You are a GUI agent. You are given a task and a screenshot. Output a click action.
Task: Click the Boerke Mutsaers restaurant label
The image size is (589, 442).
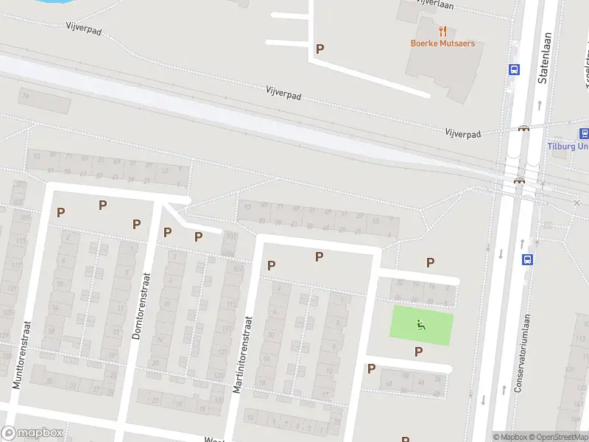[x=442, y=43]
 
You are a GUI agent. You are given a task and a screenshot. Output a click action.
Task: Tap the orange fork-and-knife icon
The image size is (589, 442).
[x=442, y=31]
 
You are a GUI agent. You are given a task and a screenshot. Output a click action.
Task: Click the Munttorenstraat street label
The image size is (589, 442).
[x=21, y=354]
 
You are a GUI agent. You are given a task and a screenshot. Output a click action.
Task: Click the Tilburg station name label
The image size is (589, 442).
[x=568, y=146]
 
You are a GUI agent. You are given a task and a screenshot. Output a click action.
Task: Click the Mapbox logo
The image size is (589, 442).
[x=32, y=433]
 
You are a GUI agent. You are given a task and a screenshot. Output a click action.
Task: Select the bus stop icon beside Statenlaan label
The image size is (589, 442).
[x=514, y=69]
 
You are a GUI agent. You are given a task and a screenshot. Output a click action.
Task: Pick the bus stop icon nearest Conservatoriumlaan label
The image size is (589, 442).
[x=527, y=259]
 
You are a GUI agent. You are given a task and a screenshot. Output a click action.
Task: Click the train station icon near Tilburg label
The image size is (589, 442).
[x=585, y=133]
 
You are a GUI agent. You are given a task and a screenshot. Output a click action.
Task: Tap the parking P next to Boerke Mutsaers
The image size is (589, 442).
[x=320, y=49]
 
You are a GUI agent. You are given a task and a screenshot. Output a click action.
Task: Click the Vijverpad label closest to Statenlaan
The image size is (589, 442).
[x=462, y=133]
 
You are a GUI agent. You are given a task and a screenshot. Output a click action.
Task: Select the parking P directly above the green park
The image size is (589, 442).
[x=430, y=262]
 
